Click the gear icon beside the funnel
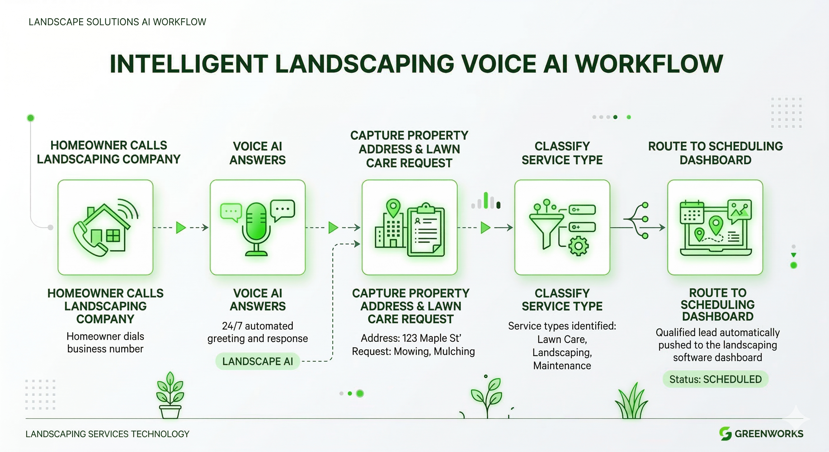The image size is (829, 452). pyautogui.click(x=578, y=246)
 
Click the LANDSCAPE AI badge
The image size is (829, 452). pyautogui.click(x=258, y=361)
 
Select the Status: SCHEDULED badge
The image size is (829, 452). pyautogui.click(x=715, y=379)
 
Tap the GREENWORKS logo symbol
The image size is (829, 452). pyautogui.click(x=725, y=433)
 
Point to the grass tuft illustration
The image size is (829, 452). pyautogui.click(x=631, y=402)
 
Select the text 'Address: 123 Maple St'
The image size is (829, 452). pyautogui.click(x=411, y=338)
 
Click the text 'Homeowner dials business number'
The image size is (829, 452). pyautogui.click(x=105, y=343)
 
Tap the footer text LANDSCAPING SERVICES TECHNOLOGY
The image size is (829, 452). pyautogui.click(x=107, y=434)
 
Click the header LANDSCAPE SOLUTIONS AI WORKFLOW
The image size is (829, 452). pyautogui.click(x=117, y=22)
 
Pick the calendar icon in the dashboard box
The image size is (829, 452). pyautogui.click(x=692, y=212)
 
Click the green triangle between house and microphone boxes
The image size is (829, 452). pyautogui.click(x=181, y=228)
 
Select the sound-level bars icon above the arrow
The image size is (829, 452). pyautogui.click(x=486, y=201)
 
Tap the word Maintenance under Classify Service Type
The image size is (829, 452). pyautogui.click(x=562, y=366)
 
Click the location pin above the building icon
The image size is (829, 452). pyautogui.click(x=393, y=207)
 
